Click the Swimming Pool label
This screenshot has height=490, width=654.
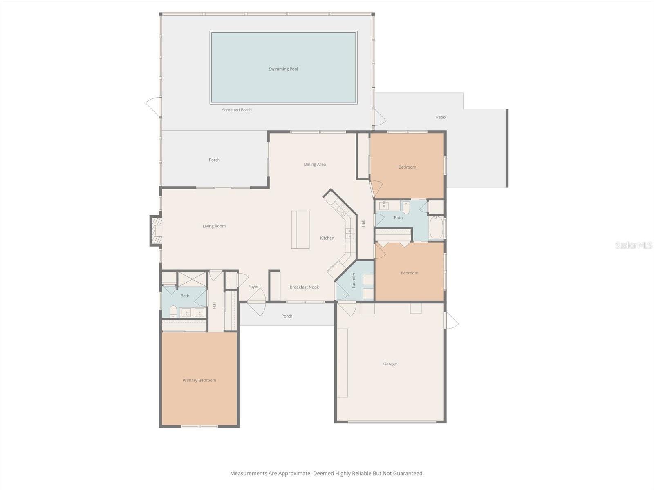pos(283,69)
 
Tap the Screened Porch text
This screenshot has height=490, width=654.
pos(237,110)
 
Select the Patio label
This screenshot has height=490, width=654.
pos(441,117)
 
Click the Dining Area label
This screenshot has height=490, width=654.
pos(315,165)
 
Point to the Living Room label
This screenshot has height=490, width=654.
pos(214,226)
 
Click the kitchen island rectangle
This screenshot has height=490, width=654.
pos(300,229)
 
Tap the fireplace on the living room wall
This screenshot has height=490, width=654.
pos(156,231)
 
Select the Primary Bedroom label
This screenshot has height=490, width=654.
pos(199,380)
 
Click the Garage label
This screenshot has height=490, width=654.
pos(390,364)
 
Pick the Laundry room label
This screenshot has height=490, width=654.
pos(354,281)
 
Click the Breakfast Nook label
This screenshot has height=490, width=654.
pos(304,287)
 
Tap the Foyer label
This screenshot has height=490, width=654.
pos(253,287)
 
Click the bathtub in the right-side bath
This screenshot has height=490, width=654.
pos(436,228)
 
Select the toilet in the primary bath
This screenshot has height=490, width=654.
pos(173,312)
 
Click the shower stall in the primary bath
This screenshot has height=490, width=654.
pos(192,279)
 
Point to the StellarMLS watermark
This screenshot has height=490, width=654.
pos(633,245)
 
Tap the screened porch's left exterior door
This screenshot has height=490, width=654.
pos(153,106)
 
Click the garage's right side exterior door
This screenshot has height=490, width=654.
pos(451,321)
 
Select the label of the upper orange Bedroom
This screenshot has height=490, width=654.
pos(407,167)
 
